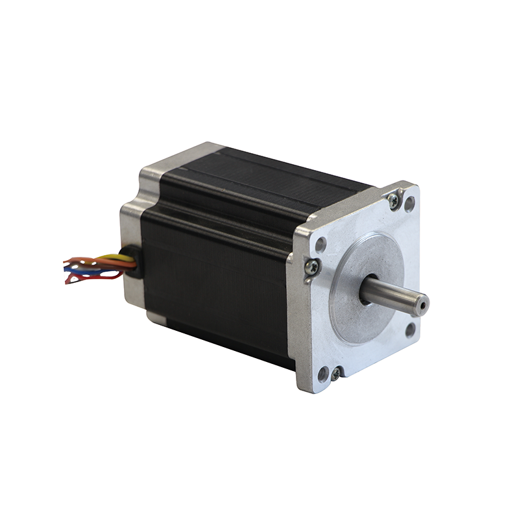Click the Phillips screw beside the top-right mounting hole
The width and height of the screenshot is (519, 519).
[394, 200]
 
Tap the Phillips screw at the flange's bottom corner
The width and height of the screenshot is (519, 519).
[335, 374]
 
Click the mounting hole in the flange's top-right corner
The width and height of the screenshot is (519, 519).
[409, 204]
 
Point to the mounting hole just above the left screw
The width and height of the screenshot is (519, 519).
[320, 245]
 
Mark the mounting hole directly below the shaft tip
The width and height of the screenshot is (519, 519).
[410, 330]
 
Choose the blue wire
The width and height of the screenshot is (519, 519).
[97, 272]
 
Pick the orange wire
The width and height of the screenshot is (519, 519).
[97, 259]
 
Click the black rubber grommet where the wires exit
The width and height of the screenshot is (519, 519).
[132, 264]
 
